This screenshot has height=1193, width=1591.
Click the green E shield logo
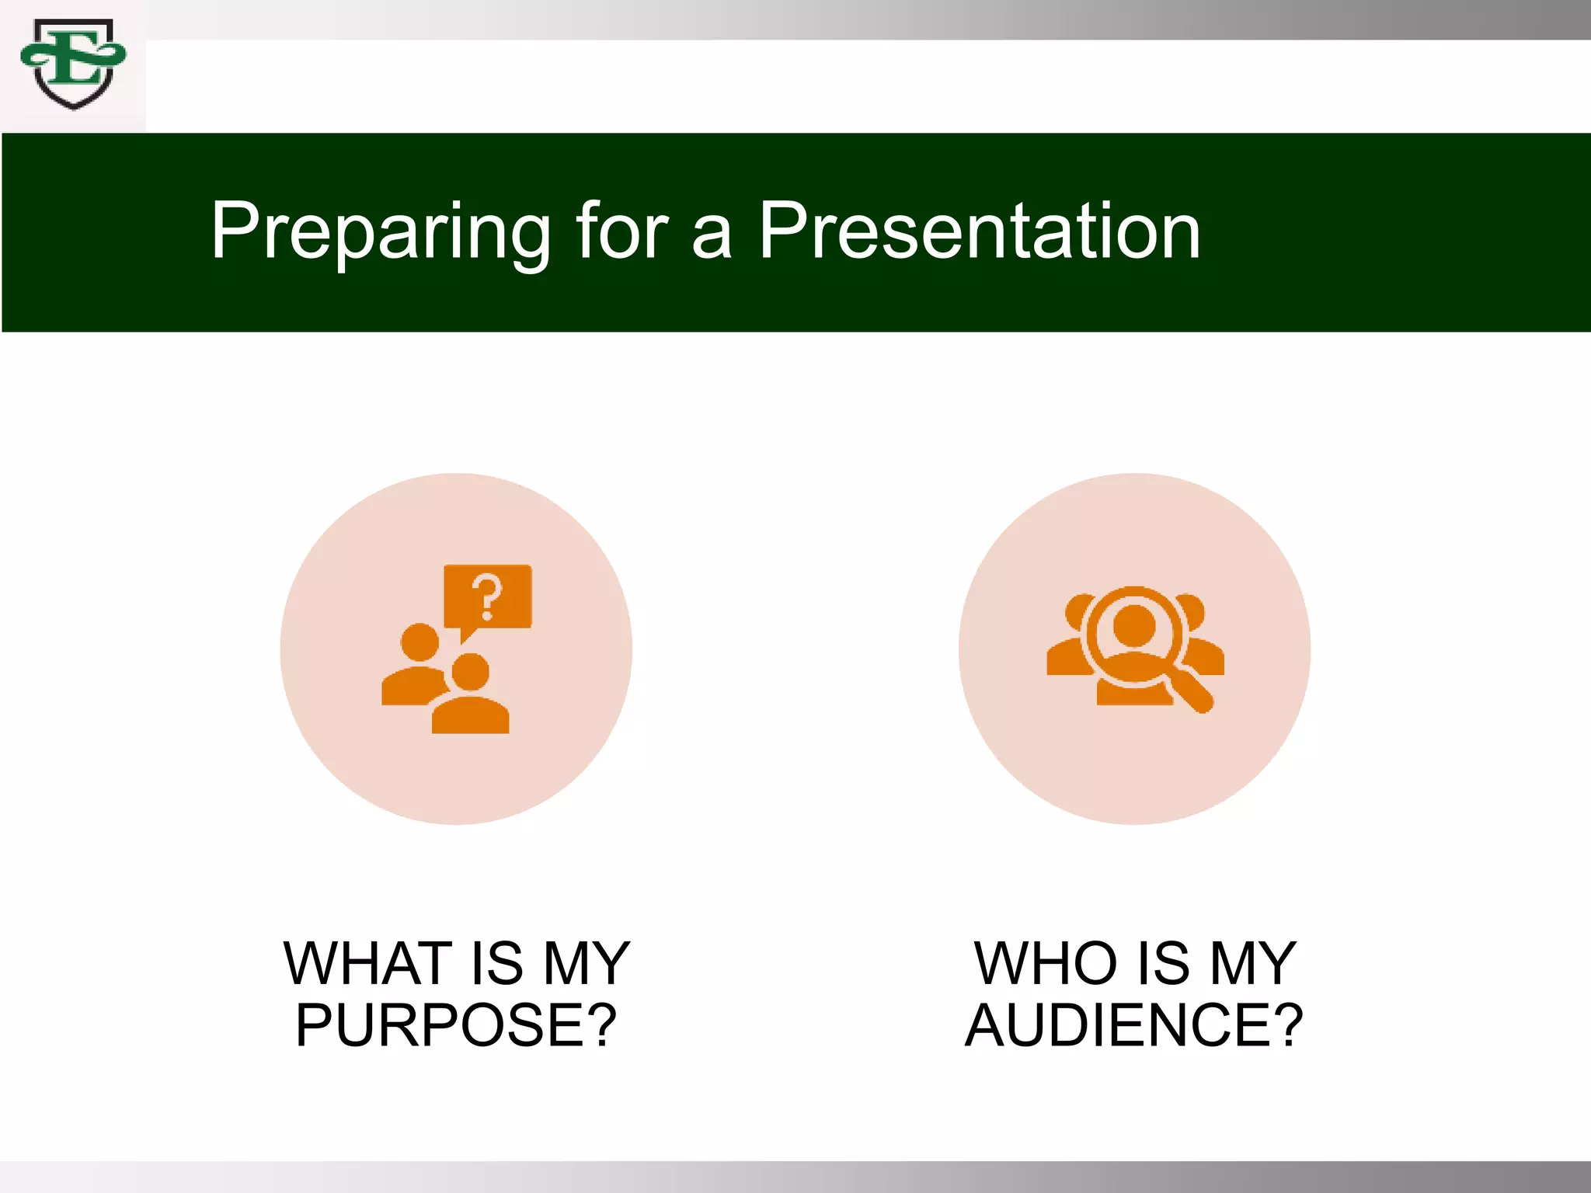tap(73, 64)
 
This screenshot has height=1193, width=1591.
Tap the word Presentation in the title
tap(980, 231)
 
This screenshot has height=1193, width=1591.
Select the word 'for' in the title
tap(621, 231)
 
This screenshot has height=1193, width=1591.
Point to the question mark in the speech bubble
tap(488, 596)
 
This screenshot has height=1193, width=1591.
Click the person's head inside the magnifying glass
tap(1134, 625)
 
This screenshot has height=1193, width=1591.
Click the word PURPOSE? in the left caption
tap(456, 1025)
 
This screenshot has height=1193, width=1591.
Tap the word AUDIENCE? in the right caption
tap(1133, 1025)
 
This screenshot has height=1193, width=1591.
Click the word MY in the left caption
tap(586, 963)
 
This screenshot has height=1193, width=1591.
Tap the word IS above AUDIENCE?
tap(1163, 963)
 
